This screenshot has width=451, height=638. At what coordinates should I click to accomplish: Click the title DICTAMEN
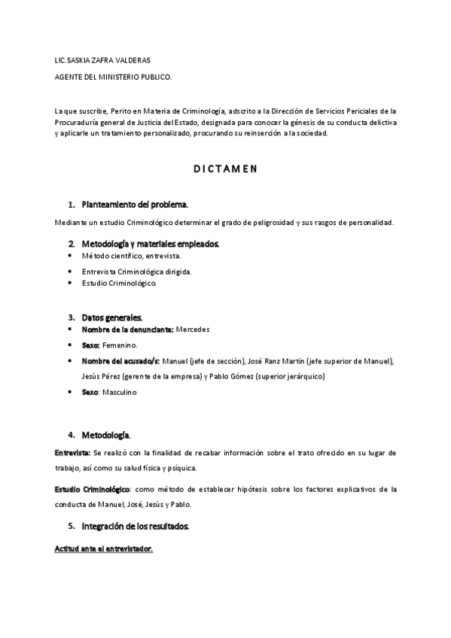(x=225, y=169)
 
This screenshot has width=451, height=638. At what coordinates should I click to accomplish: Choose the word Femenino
(x=120, y=345)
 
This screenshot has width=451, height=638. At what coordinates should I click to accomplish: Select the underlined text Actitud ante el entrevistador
(x=103, y=548)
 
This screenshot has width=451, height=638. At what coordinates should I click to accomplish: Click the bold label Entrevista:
(x=72, y=453)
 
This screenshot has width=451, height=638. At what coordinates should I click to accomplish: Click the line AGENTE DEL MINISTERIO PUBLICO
(x=114, y=77)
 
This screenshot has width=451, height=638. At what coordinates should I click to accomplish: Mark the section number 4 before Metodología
(x=71, y=435)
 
